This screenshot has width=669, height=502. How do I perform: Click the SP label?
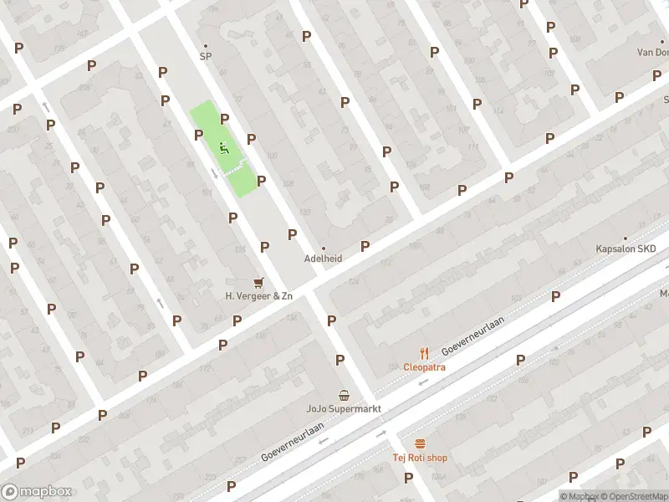[205, 57]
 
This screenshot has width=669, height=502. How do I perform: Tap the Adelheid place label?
[323, 259]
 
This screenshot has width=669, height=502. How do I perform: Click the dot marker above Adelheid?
[324, 248]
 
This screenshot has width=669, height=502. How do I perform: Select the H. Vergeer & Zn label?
[259, 296]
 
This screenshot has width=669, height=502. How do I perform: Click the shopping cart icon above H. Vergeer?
[258, 283]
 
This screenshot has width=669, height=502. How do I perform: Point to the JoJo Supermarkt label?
[343, 409]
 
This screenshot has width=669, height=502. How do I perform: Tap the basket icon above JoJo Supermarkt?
[343, 395]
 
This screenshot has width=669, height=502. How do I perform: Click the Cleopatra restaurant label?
[424, 366]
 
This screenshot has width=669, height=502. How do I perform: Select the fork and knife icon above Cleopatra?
[424, 353]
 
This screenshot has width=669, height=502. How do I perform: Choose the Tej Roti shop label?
[420, 458]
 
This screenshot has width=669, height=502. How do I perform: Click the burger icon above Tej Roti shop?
[420, 443]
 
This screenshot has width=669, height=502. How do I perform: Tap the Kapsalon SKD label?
[626, 249]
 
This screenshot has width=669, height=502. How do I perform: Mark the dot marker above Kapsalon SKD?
[626, 238]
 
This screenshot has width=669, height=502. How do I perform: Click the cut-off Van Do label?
[652, 52]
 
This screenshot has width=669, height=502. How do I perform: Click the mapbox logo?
[36, 492]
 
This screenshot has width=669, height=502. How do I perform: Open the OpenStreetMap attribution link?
[636, 496]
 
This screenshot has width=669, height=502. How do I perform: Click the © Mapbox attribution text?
[582, 496]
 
